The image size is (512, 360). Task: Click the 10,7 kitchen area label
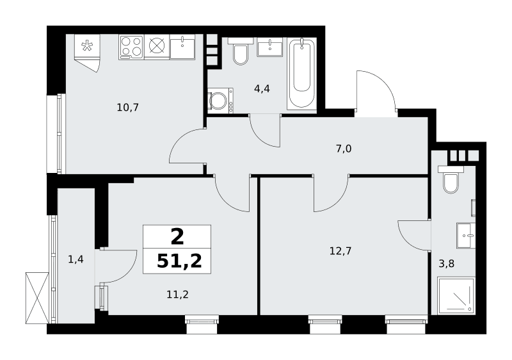coord(128,107)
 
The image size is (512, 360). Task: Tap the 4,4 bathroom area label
coord(262,88)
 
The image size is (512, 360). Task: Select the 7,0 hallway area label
coord(344,149)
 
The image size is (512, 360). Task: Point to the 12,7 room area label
coord(340,251)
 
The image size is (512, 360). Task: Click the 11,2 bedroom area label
coord(178,295)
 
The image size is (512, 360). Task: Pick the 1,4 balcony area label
coord(76,259)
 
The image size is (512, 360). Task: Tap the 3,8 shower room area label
coord(446,264)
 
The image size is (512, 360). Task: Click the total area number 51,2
coord(179,261)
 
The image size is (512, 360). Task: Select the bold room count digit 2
coord(177,237)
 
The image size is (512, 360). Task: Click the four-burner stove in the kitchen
coord(131,47)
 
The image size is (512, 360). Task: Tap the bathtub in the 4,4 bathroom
coord(301,74)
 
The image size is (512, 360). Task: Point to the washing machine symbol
coord(220,101)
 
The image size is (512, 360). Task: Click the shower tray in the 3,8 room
coord(456,296)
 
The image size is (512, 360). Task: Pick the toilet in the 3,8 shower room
coord(451,179)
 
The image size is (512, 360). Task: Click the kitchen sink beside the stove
coord(182,47)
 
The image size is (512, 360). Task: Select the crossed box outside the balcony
coord(37,298)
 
